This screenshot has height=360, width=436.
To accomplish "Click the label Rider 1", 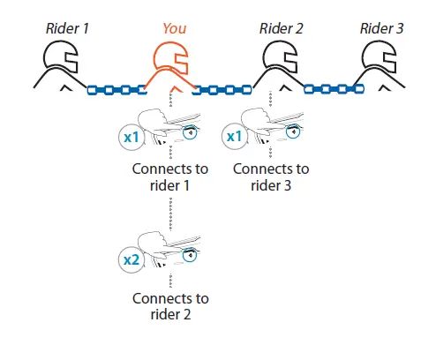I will tap(67, 28).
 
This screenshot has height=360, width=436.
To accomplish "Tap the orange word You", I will tap(174, 28).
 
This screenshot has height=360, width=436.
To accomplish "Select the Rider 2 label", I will tap(282, 28).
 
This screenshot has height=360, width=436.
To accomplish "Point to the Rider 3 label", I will tap(382, 28).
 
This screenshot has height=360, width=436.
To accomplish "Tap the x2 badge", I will tap(130, 260).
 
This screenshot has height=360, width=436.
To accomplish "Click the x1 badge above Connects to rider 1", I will tap(130, 138).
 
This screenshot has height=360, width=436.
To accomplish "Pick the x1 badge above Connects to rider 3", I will tap(233, 138).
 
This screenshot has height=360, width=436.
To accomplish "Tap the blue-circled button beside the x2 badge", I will tap(190, 256).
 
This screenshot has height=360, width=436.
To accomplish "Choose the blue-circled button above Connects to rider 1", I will tap(190, 133).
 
